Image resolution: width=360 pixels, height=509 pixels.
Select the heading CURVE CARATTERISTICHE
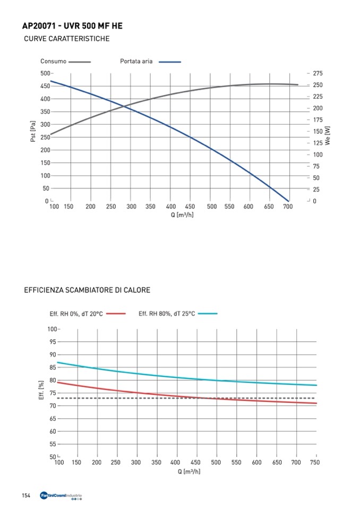[67, 39]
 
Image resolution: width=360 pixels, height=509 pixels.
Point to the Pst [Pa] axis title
[33, 131]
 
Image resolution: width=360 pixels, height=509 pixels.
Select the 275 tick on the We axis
[318, 73]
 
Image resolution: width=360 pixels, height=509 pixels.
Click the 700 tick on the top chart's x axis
[287, 206]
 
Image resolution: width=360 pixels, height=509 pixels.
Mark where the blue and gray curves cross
[125, 106]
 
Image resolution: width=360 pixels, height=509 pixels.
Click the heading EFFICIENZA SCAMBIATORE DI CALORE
[87, 290]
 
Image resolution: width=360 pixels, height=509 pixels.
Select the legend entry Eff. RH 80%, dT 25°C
[167, 314]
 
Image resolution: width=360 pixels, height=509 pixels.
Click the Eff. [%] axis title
[41, 390]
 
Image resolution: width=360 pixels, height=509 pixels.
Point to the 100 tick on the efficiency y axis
[52, 329]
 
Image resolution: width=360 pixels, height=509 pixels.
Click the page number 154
[25, 496]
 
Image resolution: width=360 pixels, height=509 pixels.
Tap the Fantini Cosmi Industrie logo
[61, 496]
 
